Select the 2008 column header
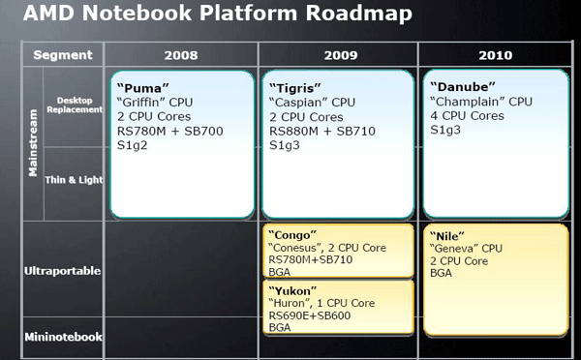point(181,54)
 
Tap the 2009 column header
point(338,54)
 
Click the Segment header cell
point(63,54)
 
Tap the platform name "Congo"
point(292,235)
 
